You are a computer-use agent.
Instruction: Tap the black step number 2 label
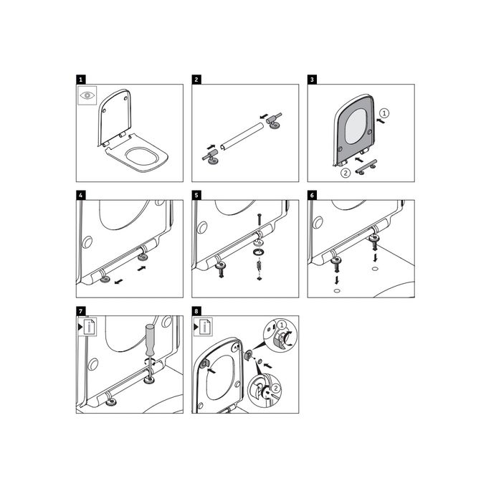[x=196, y=80]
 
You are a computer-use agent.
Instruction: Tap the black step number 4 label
[x=80, y=196]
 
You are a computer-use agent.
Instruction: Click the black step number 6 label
[x=311, y=196]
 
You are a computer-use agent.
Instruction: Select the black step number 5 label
[x=196, y=196]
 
